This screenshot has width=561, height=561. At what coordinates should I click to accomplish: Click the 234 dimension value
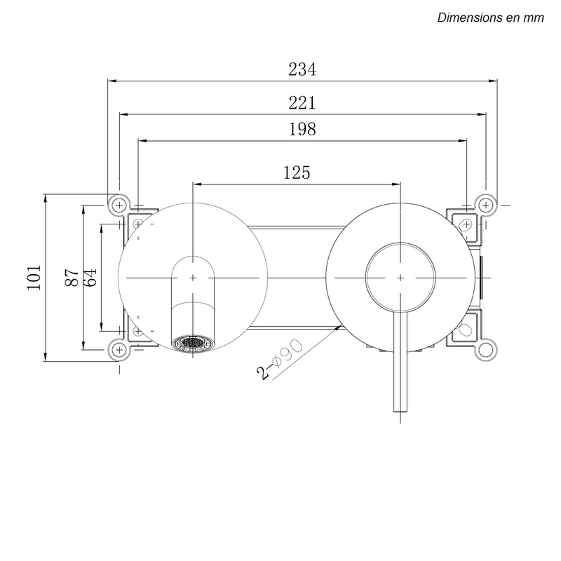[x=302, y=69]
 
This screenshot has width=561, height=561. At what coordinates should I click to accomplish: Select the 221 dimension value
[x=302, y=102]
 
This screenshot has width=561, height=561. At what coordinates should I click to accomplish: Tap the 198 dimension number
[x=302, y=130]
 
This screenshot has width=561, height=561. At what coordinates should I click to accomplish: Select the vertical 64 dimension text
[x=90, y=277]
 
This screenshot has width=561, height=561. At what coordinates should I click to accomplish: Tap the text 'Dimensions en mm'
[x=490, y=18]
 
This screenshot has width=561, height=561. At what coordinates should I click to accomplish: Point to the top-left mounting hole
[x=119, y=204]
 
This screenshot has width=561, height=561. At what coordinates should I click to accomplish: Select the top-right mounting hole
[x=485, y=204]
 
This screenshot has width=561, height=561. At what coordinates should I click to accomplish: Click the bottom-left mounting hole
[x=119, y=349]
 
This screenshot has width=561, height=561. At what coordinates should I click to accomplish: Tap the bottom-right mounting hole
[x=485, y=349]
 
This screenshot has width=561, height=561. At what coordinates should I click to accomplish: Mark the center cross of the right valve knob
[x=400, y=277]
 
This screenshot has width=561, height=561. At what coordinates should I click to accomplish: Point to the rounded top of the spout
[x=193, y=258]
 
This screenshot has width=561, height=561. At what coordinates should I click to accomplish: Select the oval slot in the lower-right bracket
[x=465, y=330]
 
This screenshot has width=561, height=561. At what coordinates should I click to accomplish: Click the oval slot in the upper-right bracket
[x=465, y=225]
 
